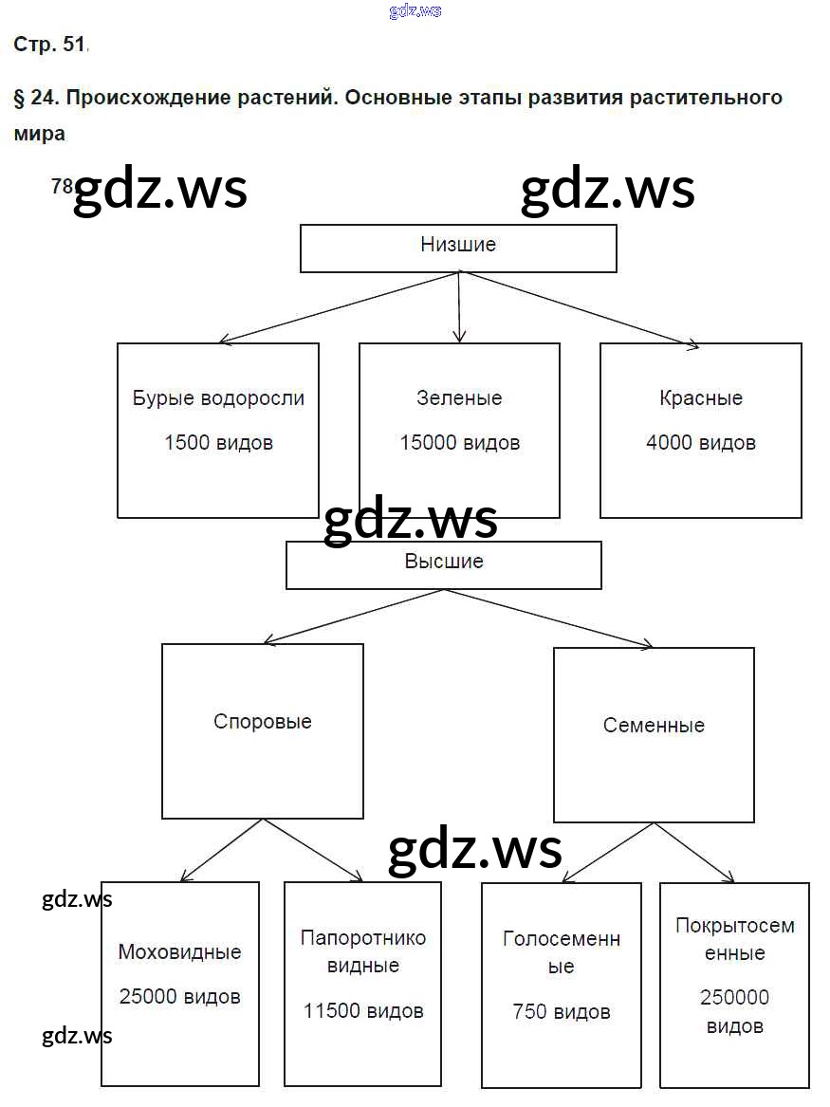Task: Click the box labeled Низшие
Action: click(458, 248)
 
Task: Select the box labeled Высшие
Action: click(443, 564)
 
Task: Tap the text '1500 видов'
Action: click(218, 442)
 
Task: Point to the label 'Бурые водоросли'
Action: click(218, 398)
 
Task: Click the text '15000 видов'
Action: click(459, 442)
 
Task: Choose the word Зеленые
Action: click(459, 398)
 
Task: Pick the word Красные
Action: click(701, 398)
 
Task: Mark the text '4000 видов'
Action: click(701, 442)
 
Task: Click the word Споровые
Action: click(263, 722)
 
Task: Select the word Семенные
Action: click(654, 726)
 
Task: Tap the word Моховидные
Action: click(180, 951)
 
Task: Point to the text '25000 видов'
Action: click(180, 996)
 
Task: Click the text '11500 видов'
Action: click(363, 1011)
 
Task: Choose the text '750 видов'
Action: click(562, 1012)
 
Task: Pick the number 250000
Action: click(734, 997)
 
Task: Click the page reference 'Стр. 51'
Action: click(49, 44)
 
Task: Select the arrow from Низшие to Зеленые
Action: click(459, 307)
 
